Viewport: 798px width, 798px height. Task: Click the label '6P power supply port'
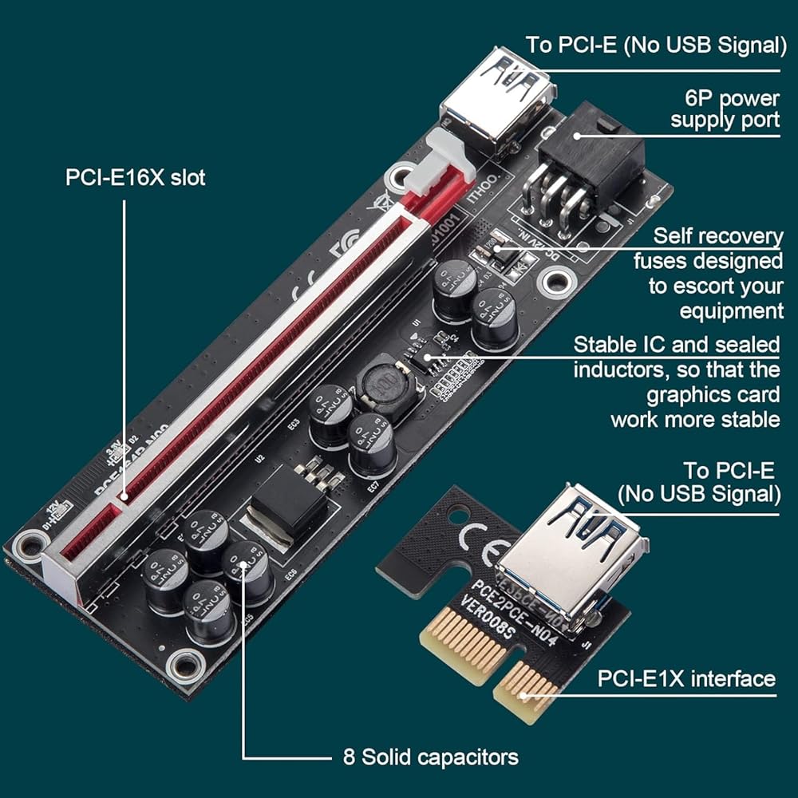[725, 109]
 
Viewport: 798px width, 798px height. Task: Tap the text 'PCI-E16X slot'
[135, 176]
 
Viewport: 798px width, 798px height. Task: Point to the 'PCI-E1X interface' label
[686, 678]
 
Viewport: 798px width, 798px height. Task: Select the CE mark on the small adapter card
[480, 539]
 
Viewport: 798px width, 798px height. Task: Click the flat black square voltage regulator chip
[287, 503]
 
